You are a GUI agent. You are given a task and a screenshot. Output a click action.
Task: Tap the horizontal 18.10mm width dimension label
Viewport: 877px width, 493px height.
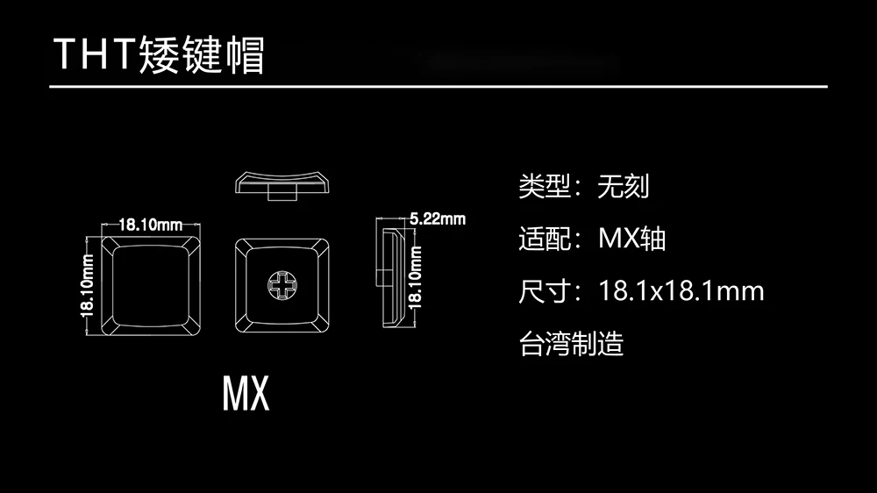(150, 225)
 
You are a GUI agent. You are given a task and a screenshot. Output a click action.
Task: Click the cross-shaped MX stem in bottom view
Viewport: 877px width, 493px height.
(282, 284)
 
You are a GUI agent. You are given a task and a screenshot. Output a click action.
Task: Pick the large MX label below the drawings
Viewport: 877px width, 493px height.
(246, 395)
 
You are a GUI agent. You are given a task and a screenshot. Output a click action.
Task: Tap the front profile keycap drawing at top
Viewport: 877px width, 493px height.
(282, 180)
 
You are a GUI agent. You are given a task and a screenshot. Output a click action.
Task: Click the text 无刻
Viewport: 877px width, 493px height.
(623, 186)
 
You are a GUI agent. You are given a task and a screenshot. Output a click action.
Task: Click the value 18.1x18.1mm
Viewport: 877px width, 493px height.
(681, 290)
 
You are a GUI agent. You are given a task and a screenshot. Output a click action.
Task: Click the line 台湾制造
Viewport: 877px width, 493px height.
(571, 343)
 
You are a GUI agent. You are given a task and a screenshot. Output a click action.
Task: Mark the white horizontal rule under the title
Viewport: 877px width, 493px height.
(438, 87)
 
